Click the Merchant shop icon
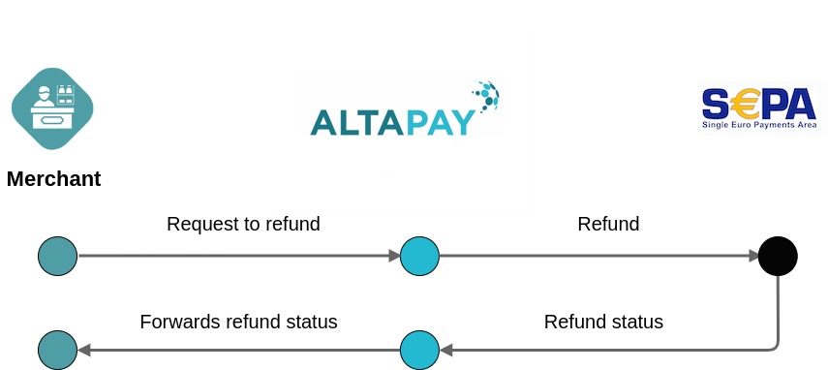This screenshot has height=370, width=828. [52, 108]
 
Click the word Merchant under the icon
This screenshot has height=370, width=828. [53, 179]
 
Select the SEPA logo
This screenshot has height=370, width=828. [759, 108]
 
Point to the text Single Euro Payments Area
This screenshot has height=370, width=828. [759, 125]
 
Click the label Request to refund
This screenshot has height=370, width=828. [243, 225]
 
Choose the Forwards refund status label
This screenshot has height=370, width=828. [238, 323]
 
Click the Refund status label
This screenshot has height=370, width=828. [603, 323]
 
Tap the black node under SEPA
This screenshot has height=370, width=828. [778, 256]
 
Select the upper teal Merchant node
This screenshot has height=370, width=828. [57, 256]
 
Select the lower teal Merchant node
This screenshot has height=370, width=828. [57, 350]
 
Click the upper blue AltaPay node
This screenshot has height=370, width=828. [419, 256]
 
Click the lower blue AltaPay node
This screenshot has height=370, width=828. [419, 350]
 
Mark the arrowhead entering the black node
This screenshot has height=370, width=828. [753, 256]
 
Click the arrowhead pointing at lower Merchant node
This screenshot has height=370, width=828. [84, 350]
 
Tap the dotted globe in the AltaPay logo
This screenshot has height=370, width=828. [486, 95]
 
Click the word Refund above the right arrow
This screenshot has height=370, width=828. [608, 225]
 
